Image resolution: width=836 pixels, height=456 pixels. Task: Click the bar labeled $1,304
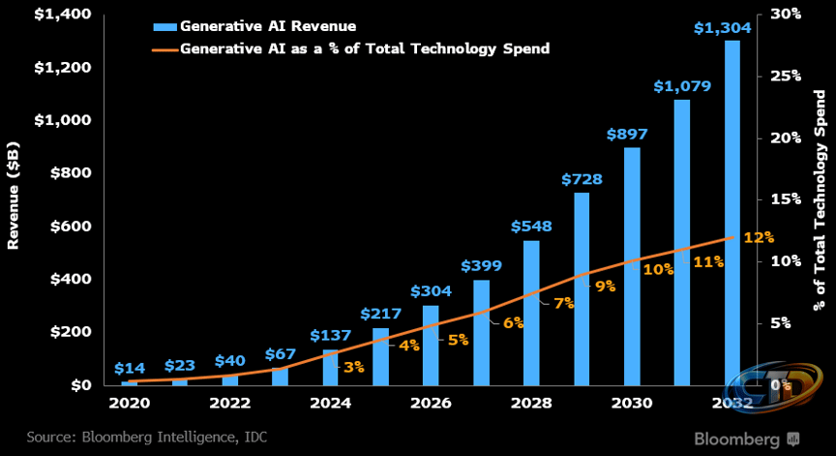[731, 213]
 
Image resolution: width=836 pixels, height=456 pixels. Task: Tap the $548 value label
[531, 227]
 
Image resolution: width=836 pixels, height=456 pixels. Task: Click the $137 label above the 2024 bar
[330, 335]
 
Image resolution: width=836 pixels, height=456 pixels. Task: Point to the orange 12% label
[759, 237]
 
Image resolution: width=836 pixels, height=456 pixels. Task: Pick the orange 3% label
[353, 366]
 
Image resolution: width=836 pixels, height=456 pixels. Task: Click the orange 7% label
[564, 303]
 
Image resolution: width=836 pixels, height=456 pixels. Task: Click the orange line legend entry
[350, 48]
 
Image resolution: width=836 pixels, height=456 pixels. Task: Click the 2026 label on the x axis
[431, 403]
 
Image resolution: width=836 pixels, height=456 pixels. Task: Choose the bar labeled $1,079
[682, 242]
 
